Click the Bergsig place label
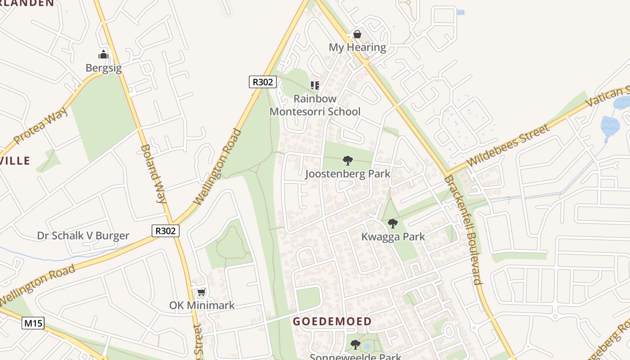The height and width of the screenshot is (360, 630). click(x=103, y=68)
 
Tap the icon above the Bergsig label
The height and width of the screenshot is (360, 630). click(x=103, y=55)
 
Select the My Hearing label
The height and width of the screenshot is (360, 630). click(x=357, y=47)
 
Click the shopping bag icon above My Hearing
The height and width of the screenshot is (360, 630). click(x=357, y=34)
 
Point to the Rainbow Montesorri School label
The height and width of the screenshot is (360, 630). click(x=315, y=105)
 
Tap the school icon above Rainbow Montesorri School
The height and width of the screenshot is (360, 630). click(x=315, y=85)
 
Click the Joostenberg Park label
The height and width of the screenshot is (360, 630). click(x=347, y=174)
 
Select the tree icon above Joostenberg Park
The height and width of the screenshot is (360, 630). click(x=347, y=160)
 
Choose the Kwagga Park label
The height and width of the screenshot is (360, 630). click(x=393, y=237)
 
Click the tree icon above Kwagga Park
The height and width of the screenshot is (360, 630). click(x=393, y=223)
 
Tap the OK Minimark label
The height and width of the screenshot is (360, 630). click(x=202, y=305)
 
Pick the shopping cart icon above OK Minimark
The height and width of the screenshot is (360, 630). click(x=202, y=292)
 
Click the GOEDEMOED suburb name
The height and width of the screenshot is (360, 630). click(x=332, y=321)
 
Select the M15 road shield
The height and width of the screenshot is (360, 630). click(x=33, y=323)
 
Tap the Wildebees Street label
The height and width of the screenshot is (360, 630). click(x=508, y=145)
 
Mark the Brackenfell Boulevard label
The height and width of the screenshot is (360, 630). click(x=463, y=230)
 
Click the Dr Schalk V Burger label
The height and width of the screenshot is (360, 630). click(x=83, y=236)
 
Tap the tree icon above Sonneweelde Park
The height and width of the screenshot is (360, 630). click(x=355, y=345)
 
